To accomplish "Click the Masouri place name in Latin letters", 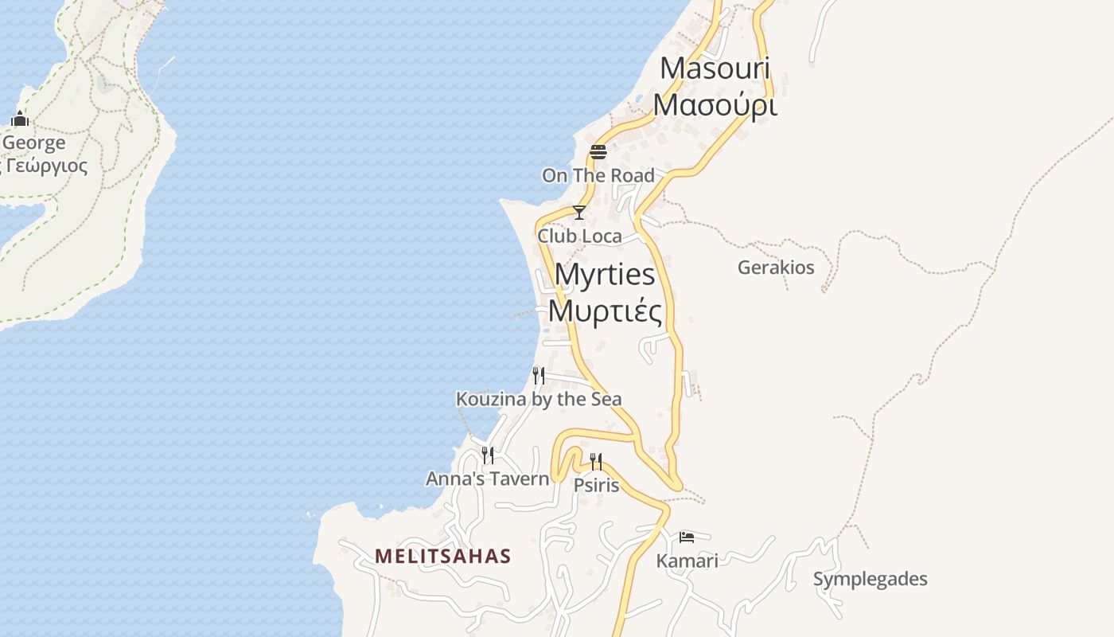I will pyautogui.click(x=715, y=68).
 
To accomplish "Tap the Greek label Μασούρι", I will pyautogui.click(x=715, y=104).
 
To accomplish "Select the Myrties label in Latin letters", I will pyautogui.click(x=605, y=274).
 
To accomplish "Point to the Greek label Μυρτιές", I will pyautogui.click(x=605, y=311).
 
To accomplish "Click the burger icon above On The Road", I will pyautogui.click(x=598, y=151).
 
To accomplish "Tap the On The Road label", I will pyautogui.click(x=598, y=175).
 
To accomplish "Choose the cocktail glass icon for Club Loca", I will pyautogui.click(x=579, y=213).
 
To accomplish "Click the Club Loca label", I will pyautogui.click(x=579, y=236).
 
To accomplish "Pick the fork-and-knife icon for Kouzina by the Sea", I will pyautogui.click(x=539, y=375).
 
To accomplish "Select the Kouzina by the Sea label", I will pyautogui.click(x=539, y=399).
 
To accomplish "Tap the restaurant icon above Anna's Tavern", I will pyautogui.click(x=488, y=455).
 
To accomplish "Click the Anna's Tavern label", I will pyautogui.click(x=488, y=479).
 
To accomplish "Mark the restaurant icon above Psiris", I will pyautogui.click(x=596, y=462).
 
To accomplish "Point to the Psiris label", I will pyautogui.click(x=596, y=485).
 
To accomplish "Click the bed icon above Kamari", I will pyautogui.click(x=687, y=537).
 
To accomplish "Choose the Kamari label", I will pyautogui.click(x=687, y=561).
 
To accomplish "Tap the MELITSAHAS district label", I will pyautogui.click(x=443, y=556).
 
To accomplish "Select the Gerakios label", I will pyautogui.click(x=776, y=268).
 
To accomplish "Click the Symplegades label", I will pyautogui.click(x=870, y=579).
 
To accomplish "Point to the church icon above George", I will pyautogui.click(x=20, y=119).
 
